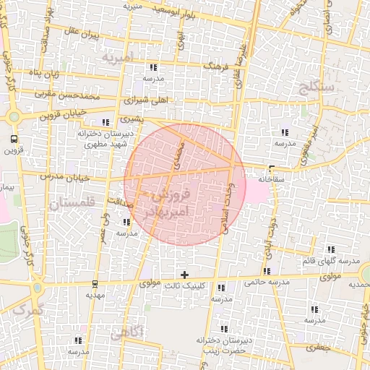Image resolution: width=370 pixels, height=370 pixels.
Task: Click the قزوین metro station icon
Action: [x=14, y=139]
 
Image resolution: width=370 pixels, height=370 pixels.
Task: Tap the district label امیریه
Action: [x=118, y=56]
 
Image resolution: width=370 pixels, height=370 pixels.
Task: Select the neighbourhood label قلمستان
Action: [x=72, y=204]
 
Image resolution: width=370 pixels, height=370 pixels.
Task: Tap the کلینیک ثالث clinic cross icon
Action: [x=185, y=275]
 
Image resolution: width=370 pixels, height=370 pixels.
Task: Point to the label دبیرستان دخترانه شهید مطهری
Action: [x=103, y=139]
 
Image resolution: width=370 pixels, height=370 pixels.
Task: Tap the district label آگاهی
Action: [x=128, y=332]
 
